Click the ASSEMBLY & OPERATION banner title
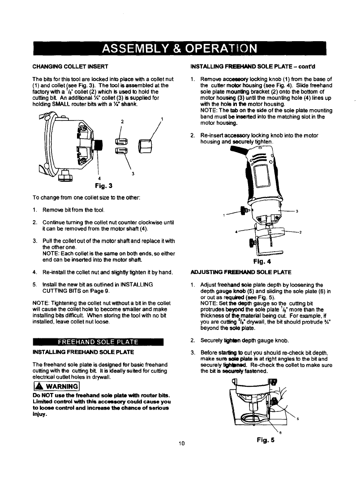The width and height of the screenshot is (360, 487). (x=179, y=48)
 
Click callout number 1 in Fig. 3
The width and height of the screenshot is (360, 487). (x=162, y=119)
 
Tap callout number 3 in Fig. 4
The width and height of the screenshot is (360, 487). (x=297, y=211)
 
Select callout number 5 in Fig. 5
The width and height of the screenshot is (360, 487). (x=297, y=419)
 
